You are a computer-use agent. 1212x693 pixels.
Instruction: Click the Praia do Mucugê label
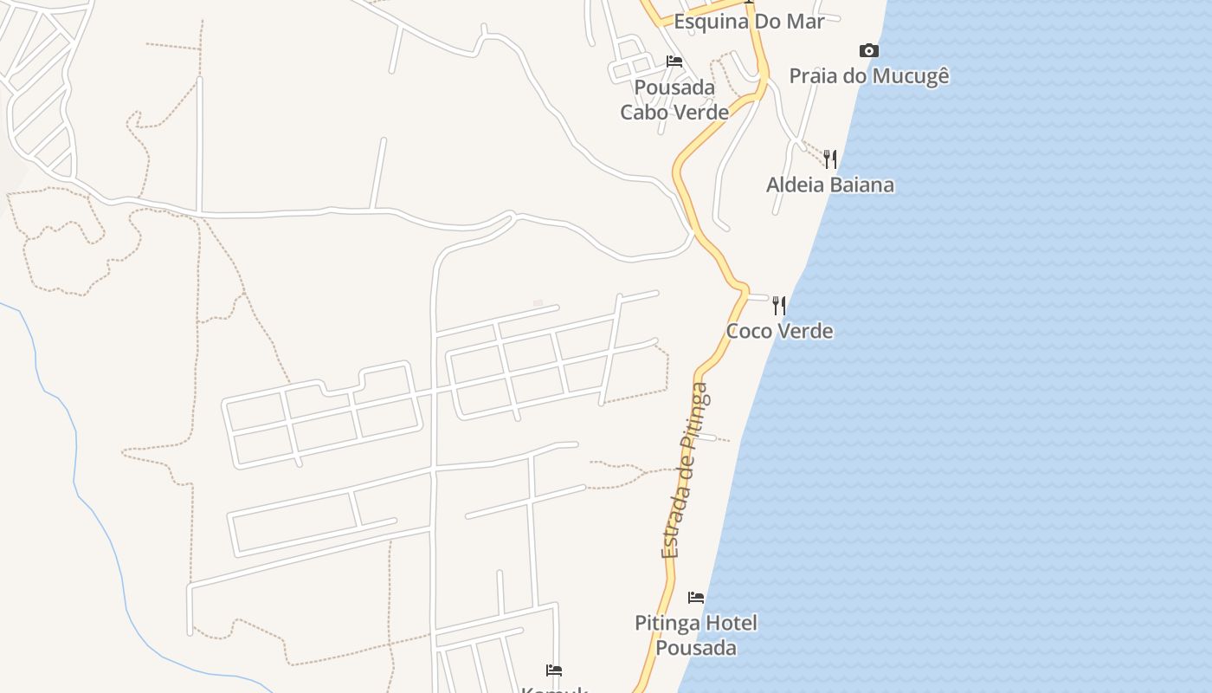coord(868,76)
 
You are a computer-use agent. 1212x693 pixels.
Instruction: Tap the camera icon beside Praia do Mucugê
coord(869,51)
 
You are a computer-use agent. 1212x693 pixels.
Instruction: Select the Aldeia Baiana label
coord(829,185)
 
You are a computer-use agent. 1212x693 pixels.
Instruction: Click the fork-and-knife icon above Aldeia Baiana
coord(830,159)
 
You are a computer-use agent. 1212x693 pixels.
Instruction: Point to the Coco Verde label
coord(779,331)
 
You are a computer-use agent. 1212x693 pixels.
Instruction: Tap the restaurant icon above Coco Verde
coord(779,305)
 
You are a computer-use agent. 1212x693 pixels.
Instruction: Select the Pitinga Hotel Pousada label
coord(696,635)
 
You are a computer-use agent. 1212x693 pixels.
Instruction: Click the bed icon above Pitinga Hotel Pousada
coord(696,598)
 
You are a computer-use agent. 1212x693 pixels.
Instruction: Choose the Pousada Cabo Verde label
coord(674,100)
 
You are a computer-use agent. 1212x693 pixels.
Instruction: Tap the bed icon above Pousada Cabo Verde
coord(674,62)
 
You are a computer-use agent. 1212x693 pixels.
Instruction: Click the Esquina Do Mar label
coord(749,22)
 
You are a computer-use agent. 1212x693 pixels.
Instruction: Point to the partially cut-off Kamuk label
coord(554,690)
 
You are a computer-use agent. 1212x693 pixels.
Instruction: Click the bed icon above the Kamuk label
coord(554,670)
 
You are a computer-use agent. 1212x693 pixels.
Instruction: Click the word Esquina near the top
coord(709,22)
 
